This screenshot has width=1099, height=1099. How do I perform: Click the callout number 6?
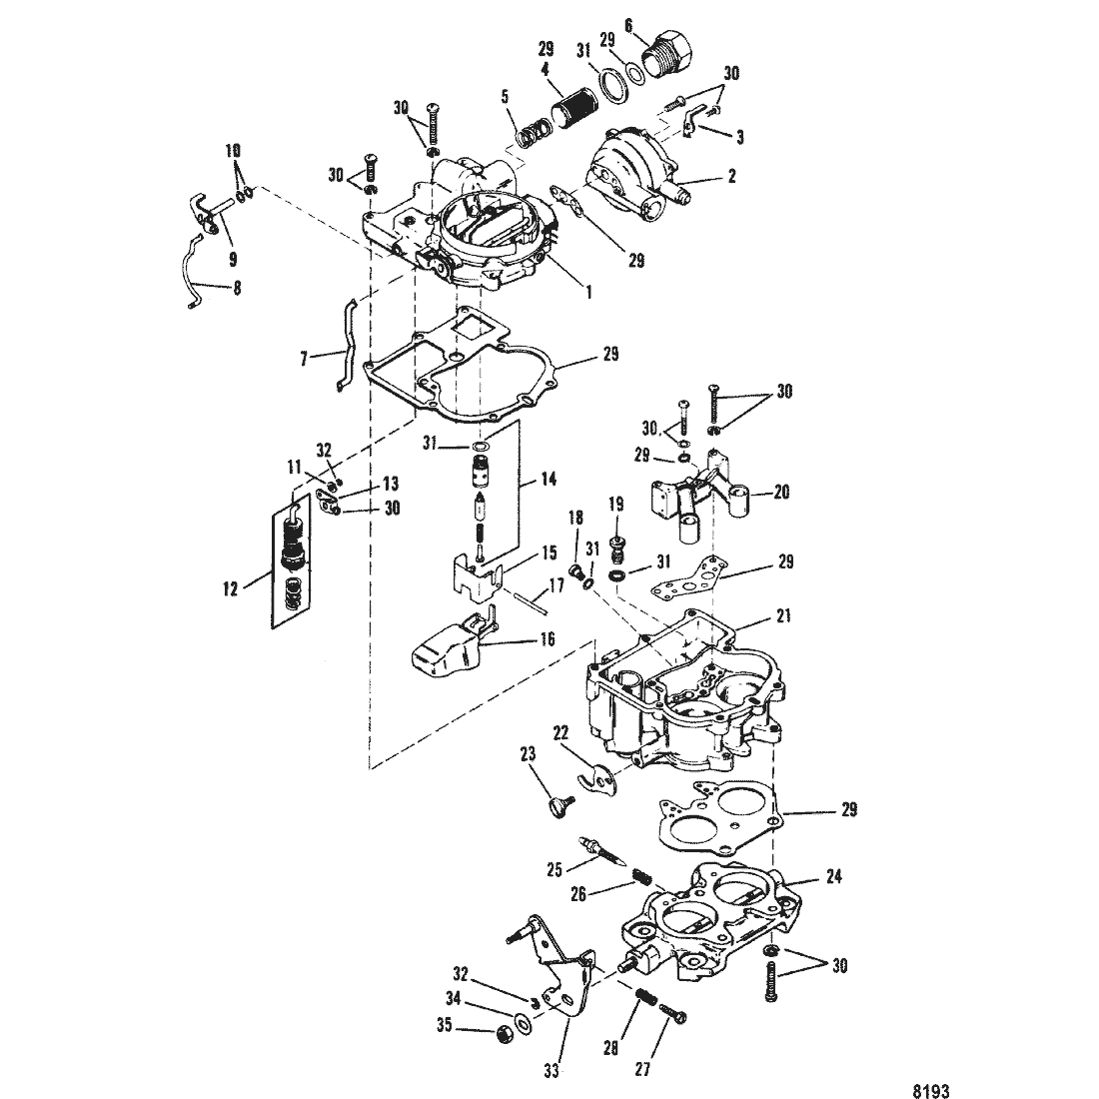tap(628, 26)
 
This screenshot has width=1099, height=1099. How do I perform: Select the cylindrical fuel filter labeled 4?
tap(571, 115)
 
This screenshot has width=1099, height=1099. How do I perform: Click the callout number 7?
tap(304, 360)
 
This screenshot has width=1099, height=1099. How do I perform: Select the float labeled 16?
tap(452, 644)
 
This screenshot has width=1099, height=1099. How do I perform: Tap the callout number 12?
tap(231, 588)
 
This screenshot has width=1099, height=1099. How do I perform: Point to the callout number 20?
tap(781, 492)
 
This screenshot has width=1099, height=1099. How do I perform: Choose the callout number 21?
tap(783, 615)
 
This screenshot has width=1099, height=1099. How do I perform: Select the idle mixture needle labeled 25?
tap(602, 853)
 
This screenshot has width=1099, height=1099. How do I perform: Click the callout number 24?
tap(833, 876)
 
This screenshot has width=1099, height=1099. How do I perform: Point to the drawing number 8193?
tap(932, 1091)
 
